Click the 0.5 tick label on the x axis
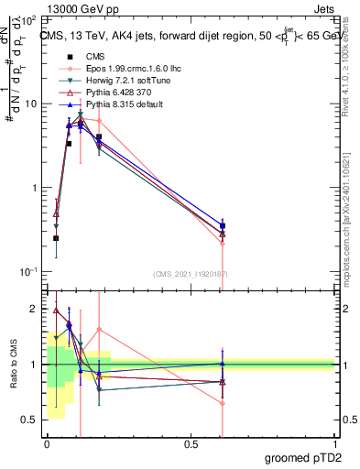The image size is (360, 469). point(190,443)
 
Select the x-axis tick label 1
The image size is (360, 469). point(333,443)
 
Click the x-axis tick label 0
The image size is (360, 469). point(47,443)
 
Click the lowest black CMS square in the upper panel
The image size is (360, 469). point(56,238)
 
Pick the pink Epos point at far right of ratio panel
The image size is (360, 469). point(223,403)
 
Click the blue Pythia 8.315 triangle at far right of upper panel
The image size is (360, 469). point(223,224)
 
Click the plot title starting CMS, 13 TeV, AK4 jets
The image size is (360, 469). point(189,35)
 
